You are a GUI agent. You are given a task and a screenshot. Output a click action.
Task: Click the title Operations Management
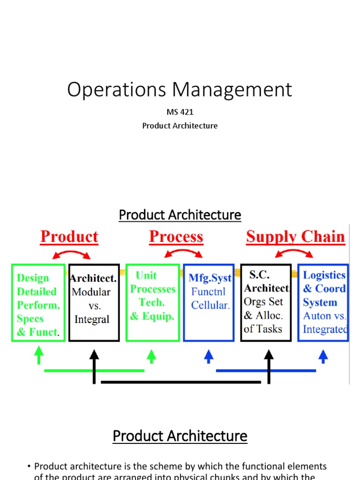click(180, 90)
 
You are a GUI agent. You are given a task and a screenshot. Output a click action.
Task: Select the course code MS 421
click(180, 112)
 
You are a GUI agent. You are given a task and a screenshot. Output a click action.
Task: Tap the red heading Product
click(69, 237)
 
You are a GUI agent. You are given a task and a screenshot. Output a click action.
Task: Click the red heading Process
click(176, 237)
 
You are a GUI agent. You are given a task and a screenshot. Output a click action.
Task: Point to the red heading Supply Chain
click(295, 237)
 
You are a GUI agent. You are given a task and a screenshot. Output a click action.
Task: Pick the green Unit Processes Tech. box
click(153, 302)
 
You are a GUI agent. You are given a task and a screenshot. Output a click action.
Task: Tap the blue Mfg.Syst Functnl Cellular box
click(209, 302)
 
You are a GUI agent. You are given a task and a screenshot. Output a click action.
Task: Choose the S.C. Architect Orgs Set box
click(265, 302)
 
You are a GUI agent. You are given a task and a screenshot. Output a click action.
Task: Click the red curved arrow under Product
click(71, 253)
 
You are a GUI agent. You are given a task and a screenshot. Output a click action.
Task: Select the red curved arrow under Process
click(183, 252)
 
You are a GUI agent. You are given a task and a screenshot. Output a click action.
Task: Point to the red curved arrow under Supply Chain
click(294, 252)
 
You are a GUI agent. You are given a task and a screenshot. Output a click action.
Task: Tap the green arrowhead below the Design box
click(39, 355)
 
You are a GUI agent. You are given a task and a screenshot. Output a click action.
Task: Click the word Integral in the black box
click(92, 320)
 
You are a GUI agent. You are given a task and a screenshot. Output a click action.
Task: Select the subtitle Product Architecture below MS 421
click(180, 126)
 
